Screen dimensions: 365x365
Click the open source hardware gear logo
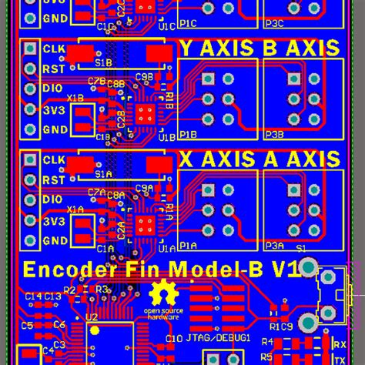(162, 296)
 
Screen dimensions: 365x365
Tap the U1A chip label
(167, 248)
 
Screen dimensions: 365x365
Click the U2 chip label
(92, 316)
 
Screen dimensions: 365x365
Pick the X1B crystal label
(75, 98)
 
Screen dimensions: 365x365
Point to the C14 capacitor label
(33, 296)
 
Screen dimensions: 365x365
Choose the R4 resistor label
(266, 342)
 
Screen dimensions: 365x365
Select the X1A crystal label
(75, 209)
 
